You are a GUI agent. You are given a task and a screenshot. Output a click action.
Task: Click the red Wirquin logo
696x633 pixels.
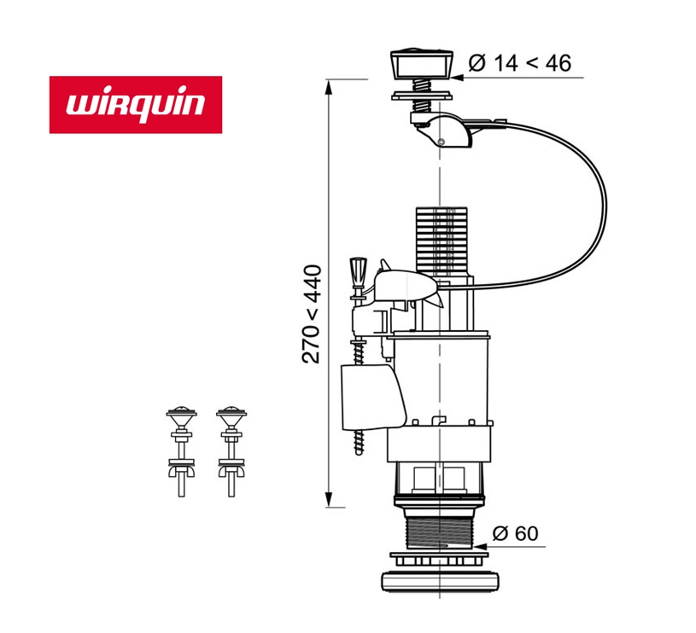click(136, 105)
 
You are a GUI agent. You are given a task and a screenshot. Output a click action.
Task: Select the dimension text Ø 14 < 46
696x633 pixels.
click(520, 62)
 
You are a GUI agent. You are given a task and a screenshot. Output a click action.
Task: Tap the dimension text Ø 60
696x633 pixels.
click(515, 534)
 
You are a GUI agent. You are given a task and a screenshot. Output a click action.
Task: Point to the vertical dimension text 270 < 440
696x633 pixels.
click(312, 314)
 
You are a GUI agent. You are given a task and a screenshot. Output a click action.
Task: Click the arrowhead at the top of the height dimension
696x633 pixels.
click(328, 84)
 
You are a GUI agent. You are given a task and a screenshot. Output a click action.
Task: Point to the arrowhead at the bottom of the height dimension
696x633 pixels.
click(329, 502)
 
